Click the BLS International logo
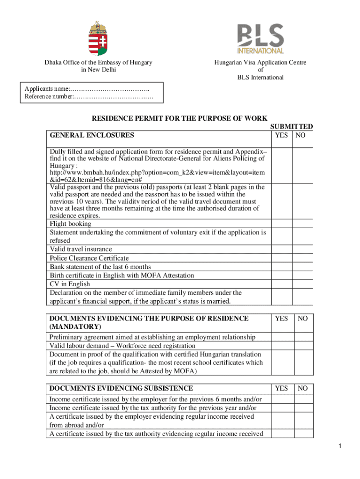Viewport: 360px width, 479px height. point(260,39)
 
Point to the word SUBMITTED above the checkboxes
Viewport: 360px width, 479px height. point(291,126)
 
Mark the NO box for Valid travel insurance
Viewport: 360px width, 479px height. point(302,249)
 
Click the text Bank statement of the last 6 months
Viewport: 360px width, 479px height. point(101,267)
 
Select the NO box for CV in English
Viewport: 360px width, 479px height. point(302,284)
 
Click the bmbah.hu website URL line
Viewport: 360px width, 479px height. point(157,173)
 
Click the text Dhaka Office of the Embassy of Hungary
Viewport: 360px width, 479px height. point(98,62)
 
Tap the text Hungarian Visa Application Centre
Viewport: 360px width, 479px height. point(260,62)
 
